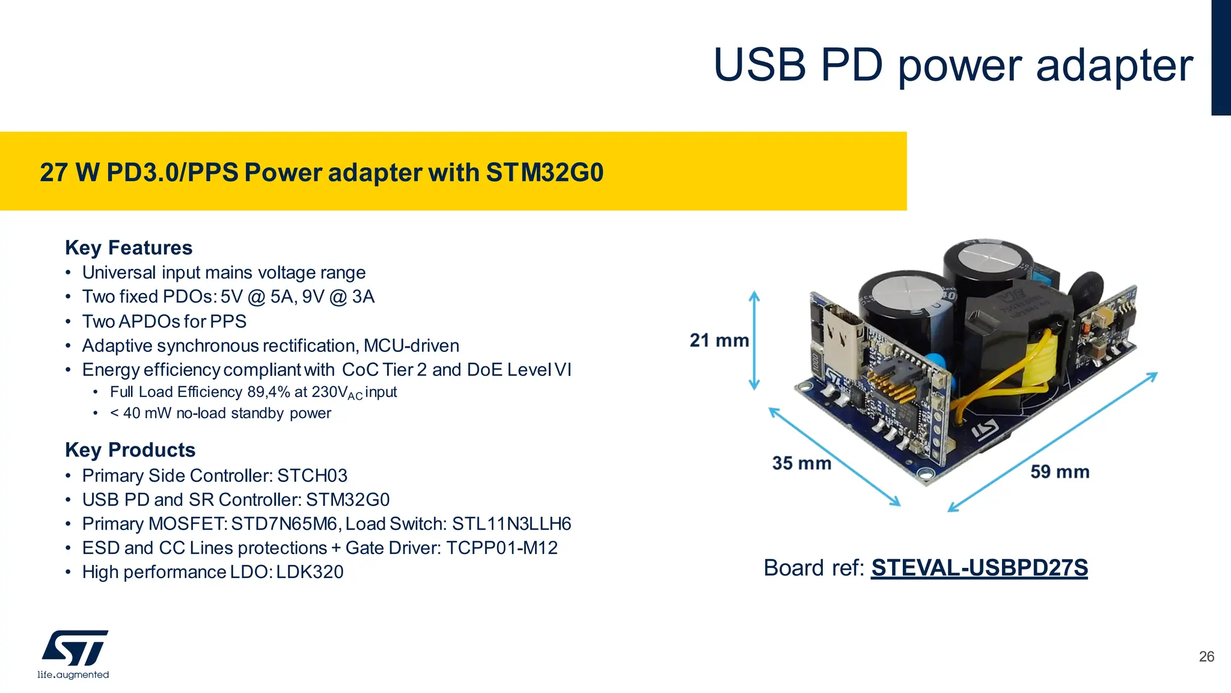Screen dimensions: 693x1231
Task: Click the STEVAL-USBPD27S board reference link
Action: click(x=979, y=568)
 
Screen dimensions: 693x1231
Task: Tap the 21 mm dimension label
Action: click(x=719, y=340)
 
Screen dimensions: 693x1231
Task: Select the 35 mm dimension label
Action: click(x=801, y=463)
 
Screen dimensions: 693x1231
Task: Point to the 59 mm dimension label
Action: click(x=1060, y=472)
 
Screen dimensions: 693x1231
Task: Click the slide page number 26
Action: click(x=1206, y=657)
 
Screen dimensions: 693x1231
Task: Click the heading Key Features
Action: click(x=129, y=248)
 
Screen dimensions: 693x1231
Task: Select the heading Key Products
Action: click(x=130, y=450)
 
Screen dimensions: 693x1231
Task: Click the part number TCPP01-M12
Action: click(x=502, y=548)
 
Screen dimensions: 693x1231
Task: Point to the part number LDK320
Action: click(x=310, y=572)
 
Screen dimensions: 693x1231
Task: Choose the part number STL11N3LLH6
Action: click(x=512, y=524)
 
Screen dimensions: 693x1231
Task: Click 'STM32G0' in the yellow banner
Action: click(x=544, y=173)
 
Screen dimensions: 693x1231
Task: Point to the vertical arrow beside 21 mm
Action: click(x=754, y=340)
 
